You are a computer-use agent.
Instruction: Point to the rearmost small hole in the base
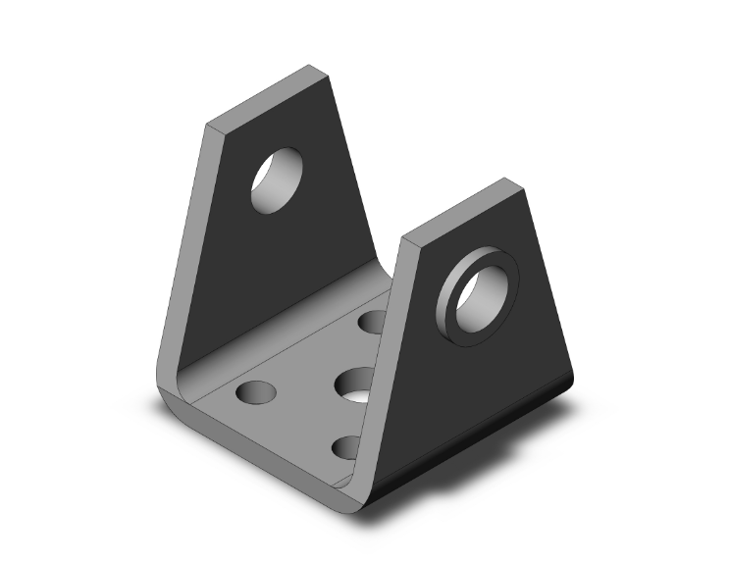point(375,321)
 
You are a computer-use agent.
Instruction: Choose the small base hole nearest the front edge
point(350,448)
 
